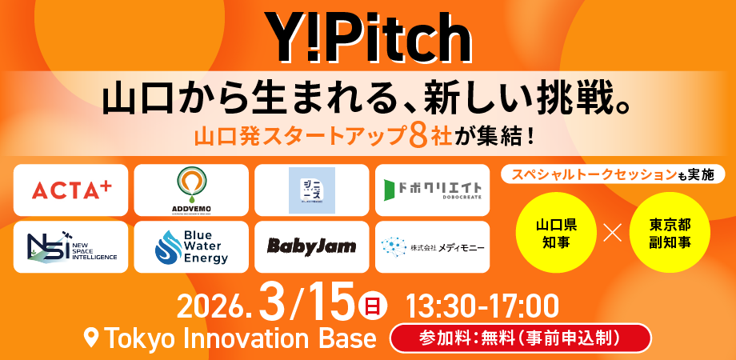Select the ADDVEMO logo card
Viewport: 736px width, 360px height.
coord(191,190)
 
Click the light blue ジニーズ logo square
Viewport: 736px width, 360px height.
coord(312,190)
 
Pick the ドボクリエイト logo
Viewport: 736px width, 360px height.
coord(433,190)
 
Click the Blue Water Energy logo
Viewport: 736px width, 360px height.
coord(191,247)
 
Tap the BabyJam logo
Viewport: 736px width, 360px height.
coord(312,246)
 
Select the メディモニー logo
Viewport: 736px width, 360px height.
coord(433,247)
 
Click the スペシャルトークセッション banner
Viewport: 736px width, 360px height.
coord(612,174)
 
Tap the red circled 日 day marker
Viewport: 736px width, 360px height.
coord(372,305)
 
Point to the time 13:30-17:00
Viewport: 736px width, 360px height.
coord(482,305)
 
